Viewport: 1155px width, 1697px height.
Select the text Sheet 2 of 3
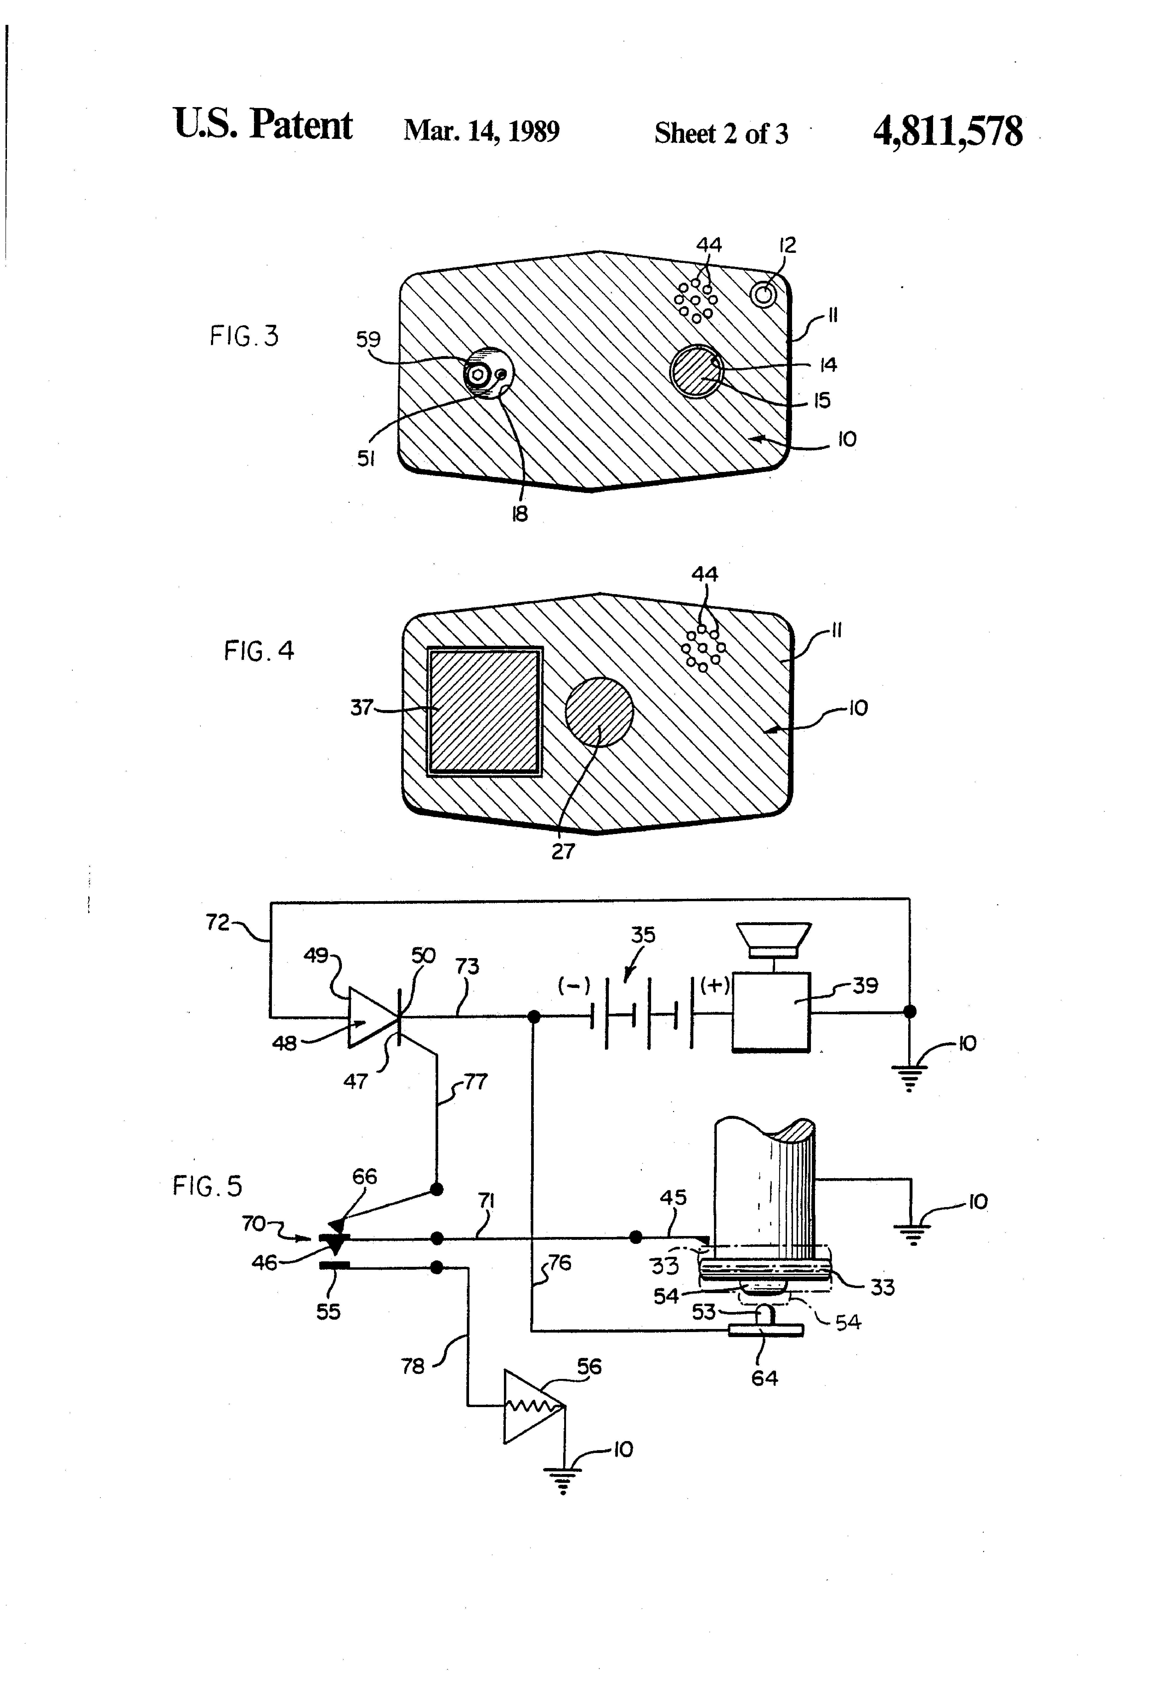pos(721,133)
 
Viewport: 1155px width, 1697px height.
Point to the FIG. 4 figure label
pos(259,650)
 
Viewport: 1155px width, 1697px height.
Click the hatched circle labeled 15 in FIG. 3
pos(697,371)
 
